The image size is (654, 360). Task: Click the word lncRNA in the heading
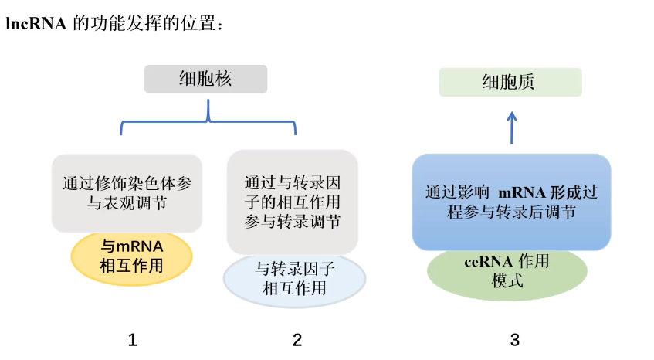(x=36, y=25)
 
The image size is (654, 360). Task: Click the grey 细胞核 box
(x=205, y=79)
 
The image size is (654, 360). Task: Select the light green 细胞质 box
(x=510, y=82)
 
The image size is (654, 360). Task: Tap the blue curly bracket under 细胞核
(x=208, y=120)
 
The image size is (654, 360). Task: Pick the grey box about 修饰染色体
(x=127, y=192)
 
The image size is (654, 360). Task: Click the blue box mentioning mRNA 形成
(x=511, y=201)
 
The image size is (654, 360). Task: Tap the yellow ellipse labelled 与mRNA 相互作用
(x=132, y=257)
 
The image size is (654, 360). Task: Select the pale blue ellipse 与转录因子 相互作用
(x=294, y=280)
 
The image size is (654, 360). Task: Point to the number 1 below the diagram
(x=133, y=339)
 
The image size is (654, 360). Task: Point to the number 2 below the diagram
(x=297, y=339)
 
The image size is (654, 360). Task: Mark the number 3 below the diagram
(x=514, y=339)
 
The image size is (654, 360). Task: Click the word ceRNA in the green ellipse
(x=487, y=262)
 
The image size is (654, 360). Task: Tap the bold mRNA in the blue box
(x=522, y=192)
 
